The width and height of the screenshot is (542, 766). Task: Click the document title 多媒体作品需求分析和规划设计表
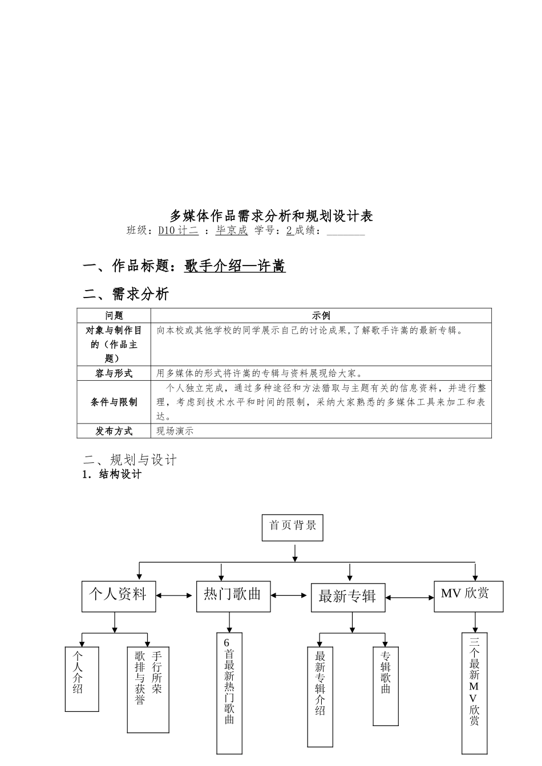pyautogui.click(x=271, y=216)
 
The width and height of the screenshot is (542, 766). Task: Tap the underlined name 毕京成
pyautogui.click(x=232, y=231)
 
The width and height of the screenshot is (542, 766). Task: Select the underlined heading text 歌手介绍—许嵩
pyautogui.click(x=234, y=266)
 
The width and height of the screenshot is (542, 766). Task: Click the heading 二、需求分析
pyautogui.click(x=126, y=294)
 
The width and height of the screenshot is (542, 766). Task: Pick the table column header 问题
pyautogui.click(x=114, y=316)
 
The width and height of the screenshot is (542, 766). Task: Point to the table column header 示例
pyautogui.click(x=321, y=316)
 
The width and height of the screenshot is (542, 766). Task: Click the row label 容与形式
pyautogui.click(x=114, y=373)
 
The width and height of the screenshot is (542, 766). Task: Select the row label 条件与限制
pyautogui.click(x=114, y=402)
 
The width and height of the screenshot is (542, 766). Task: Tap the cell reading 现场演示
pyautogui.click(x=175, y=431)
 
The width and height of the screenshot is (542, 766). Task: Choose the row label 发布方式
pyautogui.click(x=114, y=431)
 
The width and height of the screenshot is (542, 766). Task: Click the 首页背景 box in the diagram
pyautogui.click(x=293, y=527)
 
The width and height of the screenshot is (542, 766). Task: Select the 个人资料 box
pyautogui.click(x=118, y=596)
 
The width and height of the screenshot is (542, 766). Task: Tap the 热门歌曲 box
pyautogui.click(x=233, y=596)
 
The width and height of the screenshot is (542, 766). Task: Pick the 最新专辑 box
pyautogui.click(x=347, y=597)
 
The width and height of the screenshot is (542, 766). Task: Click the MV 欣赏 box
pyautogui.click(x=468, y=596)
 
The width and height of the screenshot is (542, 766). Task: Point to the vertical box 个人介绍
pyautogui.click(x=82, y=678)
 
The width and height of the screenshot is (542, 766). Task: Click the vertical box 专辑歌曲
pyautogui.click(x=386, y=686)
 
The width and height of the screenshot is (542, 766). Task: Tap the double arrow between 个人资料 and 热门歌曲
pyautogui.click(x=176, y=596)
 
